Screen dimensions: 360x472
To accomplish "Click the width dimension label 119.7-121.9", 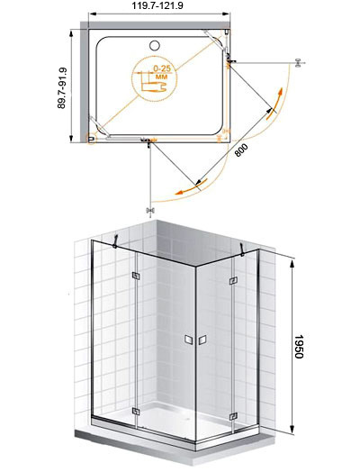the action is point(157,5).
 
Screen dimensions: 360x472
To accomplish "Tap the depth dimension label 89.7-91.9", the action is point(62,88).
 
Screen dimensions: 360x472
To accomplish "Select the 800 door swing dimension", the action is point(241,150).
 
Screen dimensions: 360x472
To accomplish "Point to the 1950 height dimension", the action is point(299,347).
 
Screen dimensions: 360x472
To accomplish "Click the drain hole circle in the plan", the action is point(154,45).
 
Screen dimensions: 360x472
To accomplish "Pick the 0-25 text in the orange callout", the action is point(162,68).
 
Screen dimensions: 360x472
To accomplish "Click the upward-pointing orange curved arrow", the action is point(274,104).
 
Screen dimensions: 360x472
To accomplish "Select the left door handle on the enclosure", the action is point(189,340).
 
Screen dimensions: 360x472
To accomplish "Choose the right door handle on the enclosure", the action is point(202,340).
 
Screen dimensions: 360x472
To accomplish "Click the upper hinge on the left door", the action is point(136,276).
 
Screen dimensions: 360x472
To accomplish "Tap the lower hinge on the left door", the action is point(136,411).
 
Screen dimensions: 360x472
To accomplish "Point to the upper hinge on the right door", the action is point(233,281).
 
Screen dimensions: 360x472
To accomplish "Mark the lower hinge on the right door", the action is point(233,417).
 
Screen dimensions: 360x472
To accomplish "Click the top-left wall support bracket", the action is point(115,241).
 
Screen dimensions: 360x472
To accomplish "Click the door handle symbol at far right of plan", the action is point(298,63).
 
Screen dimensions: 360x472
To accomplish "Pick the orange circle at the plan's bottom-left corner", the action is point(91,139).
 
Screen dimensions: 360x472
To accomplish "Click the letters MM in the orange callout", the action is point(161,77).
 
